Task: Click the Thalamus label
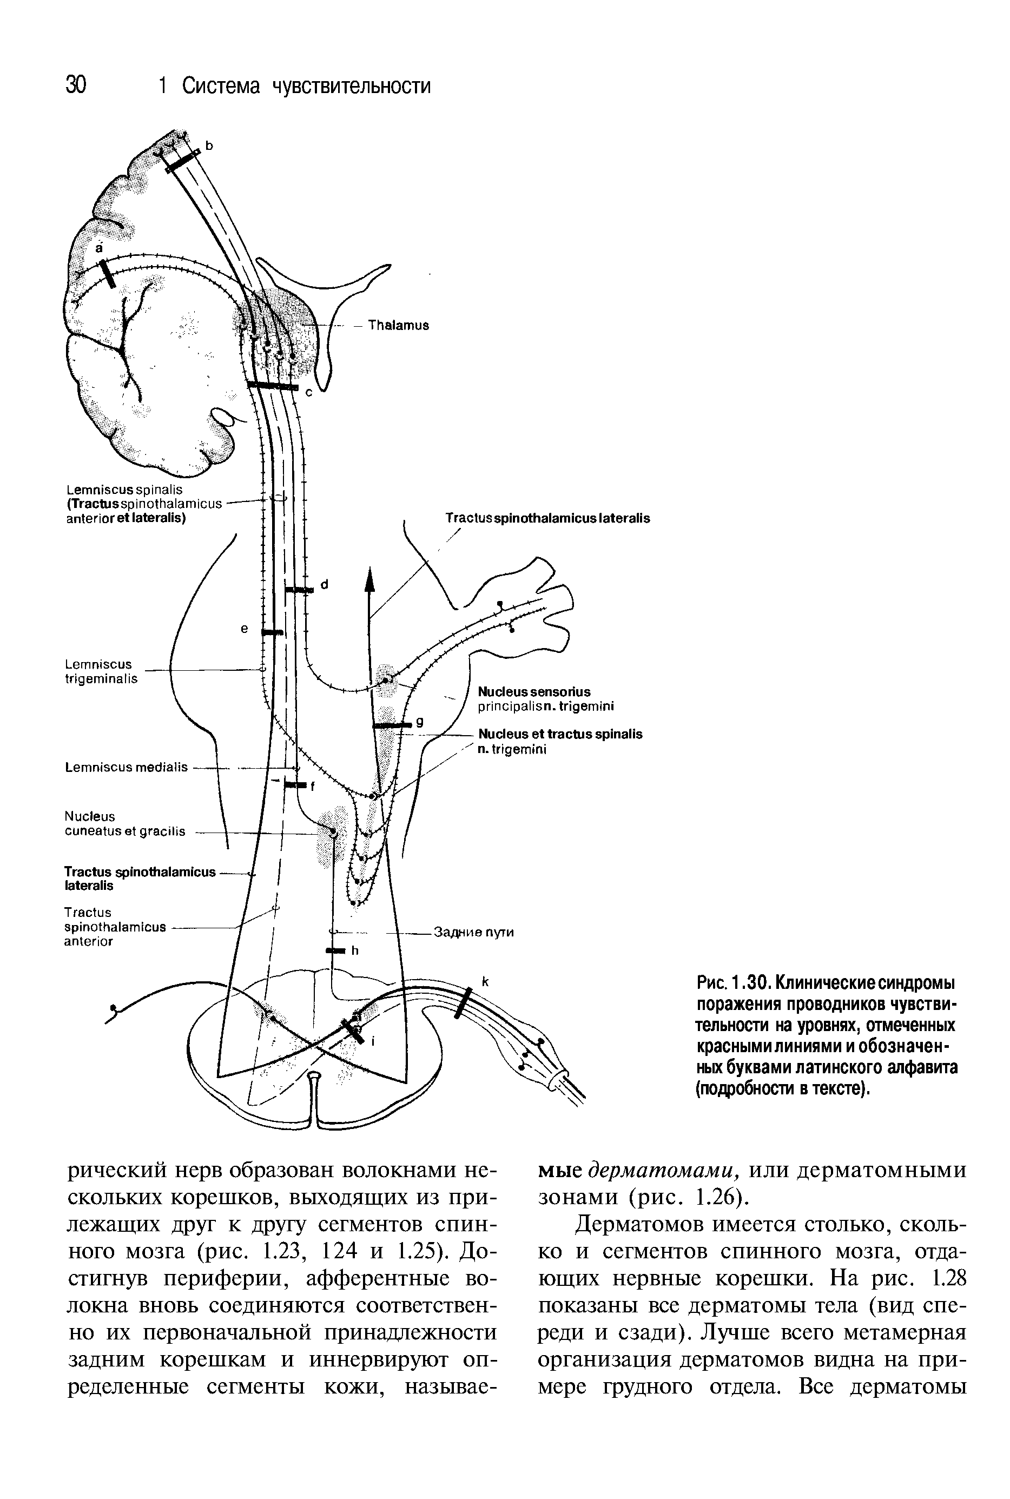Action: pos(398,325)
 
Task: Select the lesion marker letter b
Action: pos(208,146)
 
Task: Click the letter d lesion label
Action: pos(324,584)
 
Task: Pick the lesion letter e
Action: pos(244,629)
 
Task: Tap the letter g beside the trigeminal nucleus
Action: pos(419,722)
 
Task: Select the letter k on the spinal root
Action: pos(486,982)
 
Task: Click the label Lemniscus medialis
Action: pos(126,767)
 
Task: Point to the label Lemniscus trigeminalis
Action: pos(101,671)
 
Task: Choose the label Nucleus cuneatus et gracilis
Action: pos(124,824)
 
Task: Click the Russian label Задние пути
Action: pos(474,932)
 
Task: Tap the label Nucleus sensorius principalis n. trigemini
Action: pos(546,699)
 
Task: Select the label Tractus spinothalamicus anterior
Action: pos(115,927)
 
